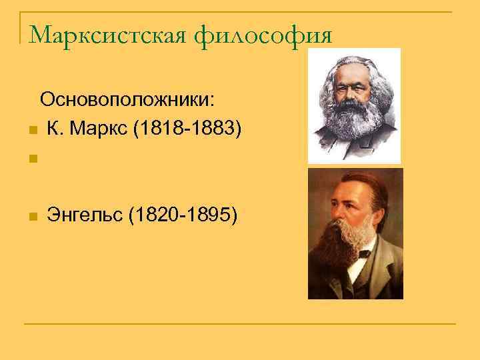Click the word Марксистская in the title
(x=106, y=33)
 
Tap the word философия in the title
(x=263, y=33)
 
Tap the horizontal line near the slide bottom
(x=240, y=325)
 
